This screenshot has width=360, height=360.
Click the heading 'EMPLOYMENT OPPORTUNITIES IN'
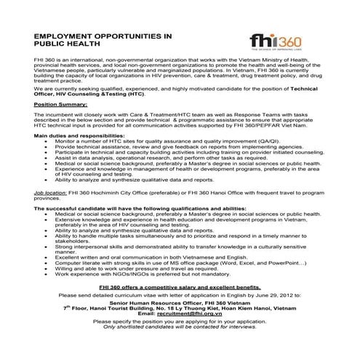[102, 35]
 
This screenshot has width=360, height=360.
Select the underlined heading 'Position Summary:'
[56, 105]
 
